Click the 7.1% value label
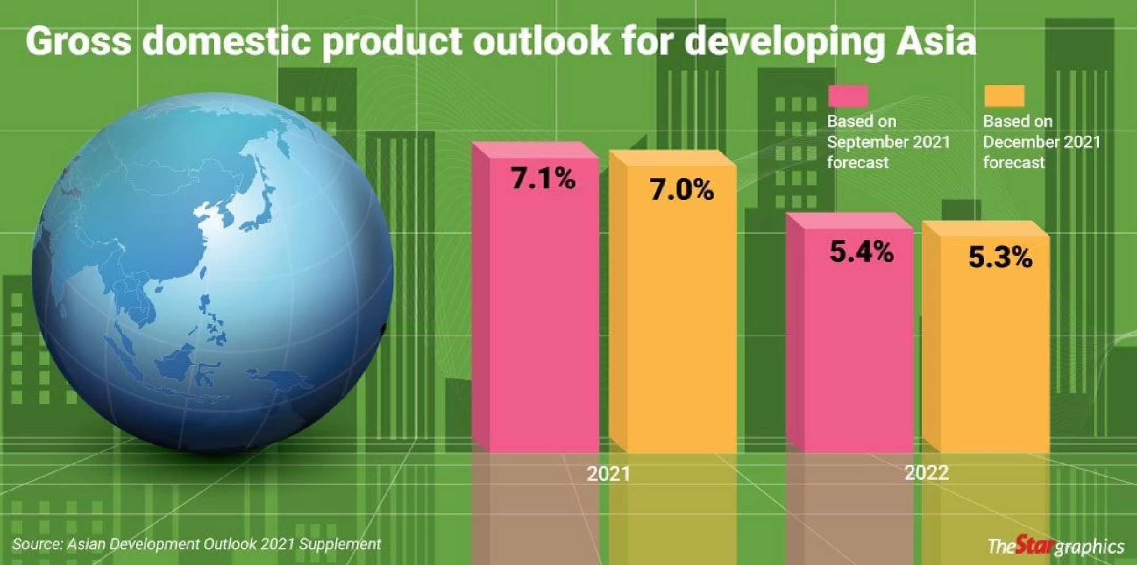[x=543, y=178]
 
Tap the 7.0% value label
[x=682, y=190]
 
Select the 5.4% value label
[x=861, y=251]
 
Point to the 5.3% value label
[x=1000, y=257]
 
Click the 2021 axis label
[x=608, y=473]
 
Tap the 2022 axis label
[x=927, y=472]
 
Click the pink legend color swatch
[x=848, y=95]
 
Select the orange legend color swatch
[x=1005, y=95]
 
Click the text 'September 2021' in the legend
[x=888, y=142]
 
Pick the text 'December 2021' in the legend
[x=1041, y=142]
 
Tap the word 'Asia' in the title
[x=936, y=41]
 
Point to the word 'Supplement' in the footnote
[x=340, y=544]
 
